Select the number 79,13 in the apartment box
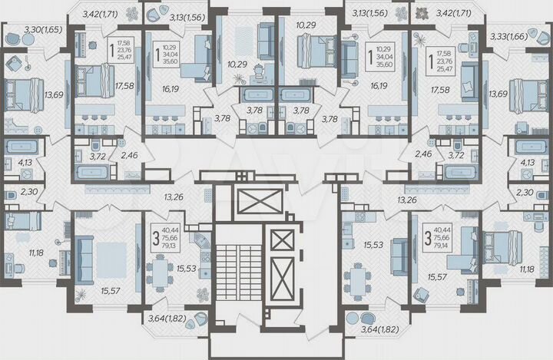point(172,246)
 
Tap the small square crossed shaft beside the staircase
point(282,240)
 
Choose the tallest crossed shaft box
point(282,277)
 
